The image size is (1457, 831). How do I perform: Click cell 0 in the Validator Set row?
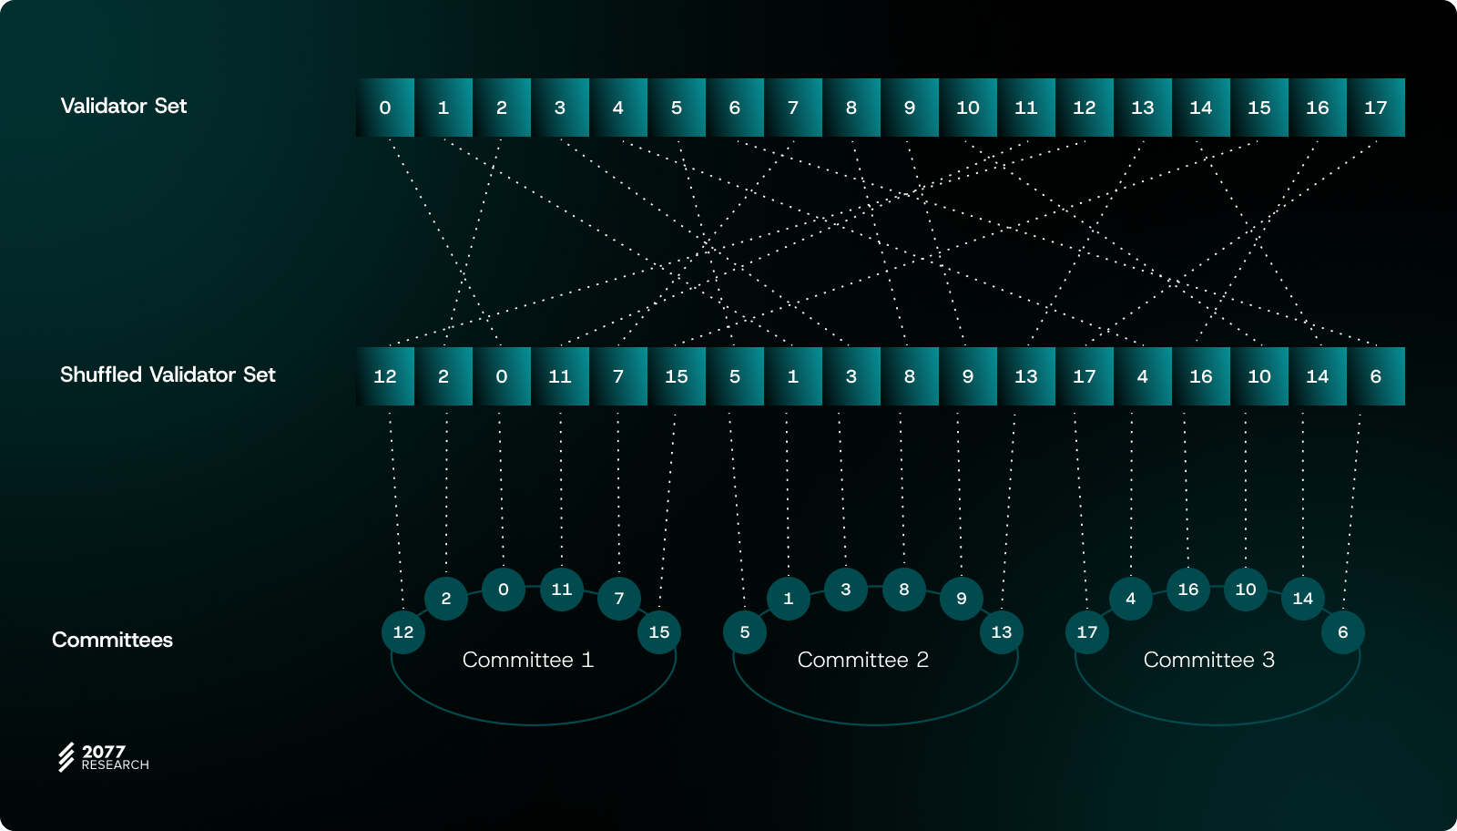(385, 108)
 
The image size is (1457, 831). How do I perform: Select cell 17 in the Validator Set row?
(1375, 108)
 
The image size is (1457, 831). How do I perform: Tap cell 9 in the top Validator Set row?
(910, 108)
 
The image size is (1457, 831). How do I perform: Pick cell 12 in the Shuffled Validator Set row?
(385, 376)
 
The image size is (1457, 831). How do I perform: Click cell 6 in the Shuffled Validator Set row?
(1375, 376)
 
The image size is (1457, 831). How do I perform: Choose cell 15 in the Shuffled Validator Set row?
(677, 376)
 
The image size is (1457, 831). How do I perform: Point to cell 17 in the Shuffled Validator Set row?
(1085, 376)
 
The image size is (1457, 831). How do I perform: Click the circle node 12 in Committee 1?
(403, 632)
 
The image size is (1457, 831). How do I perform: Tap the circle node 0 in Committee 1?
(504, 590)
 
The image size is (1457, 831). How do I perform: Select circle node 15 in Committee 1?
(659, 632)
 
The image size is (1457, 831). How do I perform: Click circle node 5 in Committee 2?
(745, 632)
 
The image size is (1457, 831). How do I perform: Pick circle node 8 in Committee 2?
(904, 590)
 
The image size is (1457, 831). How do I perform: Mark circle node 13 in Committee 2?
(1002, 632)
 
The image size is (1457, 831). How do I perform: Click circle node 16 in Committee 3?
(1188, 590)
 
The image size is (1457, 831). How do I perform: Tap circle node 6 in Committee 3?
(1342, 632)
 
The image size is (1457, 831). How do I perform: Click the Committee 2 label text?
(862, 660)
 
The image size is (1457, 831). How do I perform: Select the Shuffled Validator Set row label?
(168, 374)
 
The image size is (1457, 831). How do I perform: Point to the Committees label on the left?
(112, 640)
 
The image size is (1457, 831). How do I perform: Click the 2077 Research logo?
(103, 757)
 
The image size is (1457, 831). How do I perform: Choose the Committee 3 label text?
(1208, 660)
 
